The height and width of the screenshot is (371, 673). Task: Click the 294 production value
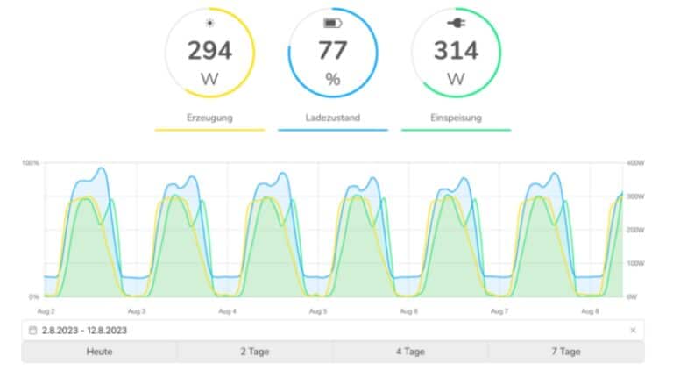pos(209,51)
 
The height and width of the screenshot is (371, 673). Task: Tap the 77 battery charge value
pos(332,51)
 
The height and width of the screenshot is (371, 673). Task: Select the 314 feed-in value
pos(455,51)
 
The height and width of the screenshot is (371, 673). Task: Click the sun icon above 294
pos(209,22)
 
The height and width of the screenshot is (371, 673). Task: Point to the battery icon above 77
pos(332,22)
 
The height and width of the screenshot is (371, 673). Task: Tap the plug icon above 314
pos(455,22)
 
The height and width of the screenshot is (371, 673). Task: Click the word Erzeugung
pos(209,117)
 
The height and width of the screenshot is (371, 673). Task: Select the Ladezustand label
pos(332,117)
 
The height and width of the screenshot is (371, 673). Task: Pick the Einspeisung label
pos(455,117)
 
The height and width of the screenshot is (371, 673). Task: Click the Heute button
pos(99,352)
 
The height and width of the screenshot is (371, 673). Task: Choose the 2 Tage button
pos(255,352)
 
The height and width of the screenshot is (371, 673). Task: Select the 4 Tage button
pos(410,352)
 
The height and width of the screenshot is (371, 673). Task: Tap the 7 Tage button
pos(566,352)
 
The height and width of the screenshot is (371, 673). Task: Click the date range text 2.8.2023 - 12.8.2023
pos(84,330)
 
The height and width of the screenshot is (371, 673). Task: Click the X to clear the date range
pos(633,330)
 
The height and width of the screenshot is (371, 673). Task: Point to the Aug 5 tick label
pos(318,311)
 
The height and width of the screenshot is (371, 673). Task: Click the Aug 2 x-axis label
pos(46,311)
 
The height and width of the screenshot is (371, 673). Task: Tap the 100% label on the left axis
pos(32,163)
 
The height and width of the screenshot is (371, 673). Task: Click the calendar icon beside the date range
pos(33,330)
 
